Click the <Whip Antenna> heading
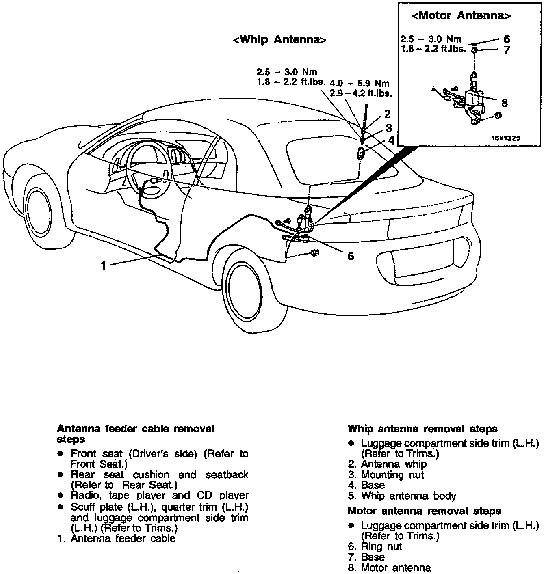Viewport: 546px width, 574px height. coord(279,40)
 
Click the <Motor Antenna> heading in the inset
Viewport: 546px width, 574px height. coord(461,16)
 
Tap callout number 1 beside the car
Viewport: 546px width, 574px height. coord(103,266)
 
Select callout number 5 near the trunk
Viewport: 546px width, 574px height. coord(351,256)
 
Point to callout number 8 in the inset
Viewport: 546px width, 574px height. coord(505,103)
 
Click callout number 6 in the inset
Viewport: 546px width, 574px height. coord(506,39)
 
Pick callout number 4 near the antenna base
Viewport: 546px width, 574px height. coord(391,141)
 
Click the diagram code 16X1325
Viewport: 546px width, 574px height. coord(506,138)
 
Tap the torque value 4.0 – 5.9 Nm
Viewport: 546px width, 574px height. coord(360,84)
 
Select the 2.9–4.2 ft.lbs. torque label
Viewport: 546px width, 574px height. coord(361,93)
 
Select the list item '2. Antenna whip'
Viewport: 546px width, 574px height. coord(388,464)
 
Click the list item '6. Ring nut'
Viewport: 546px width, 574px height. coord(375,546)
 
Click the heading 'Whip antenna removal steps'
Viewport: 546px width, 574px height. coord(422,429)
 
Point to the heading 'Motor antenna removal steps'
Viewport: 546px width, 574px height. coord(424,511)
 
